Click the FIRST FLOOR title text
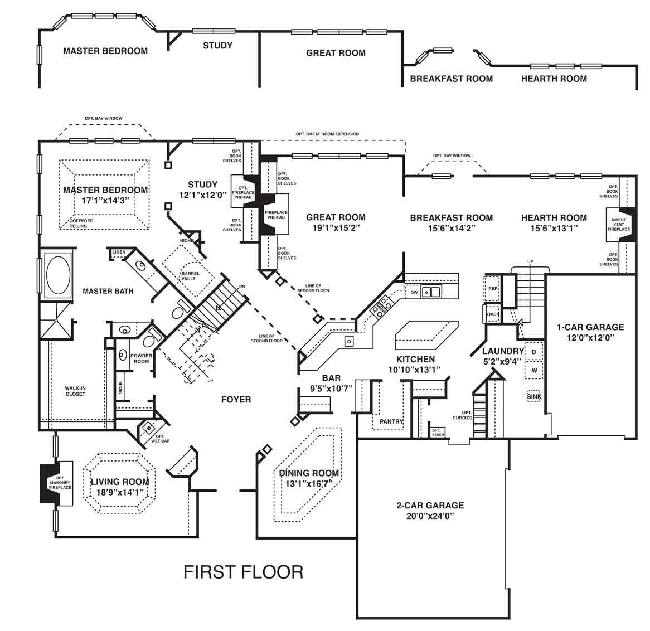244,572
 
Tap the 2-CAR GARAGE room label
430,506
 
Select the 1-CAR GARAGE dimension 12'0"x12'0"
590,338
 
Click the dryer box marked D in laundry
533,352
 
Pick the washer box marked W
533,370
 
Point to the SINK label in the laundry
533,396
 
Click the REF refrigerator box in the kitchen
492,289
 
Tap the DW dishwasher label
414,292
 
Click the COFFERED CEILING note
81,224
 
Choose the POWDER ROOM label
141,358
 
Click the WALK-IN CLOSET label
75,391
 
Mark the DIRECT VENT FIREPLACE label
618,225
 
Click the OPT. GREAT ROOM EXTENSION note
327,134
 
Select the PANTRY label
391,421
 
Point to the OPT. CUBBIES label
462,415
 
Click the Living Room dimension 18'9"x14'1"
120,492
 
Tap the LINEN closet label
119,253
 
